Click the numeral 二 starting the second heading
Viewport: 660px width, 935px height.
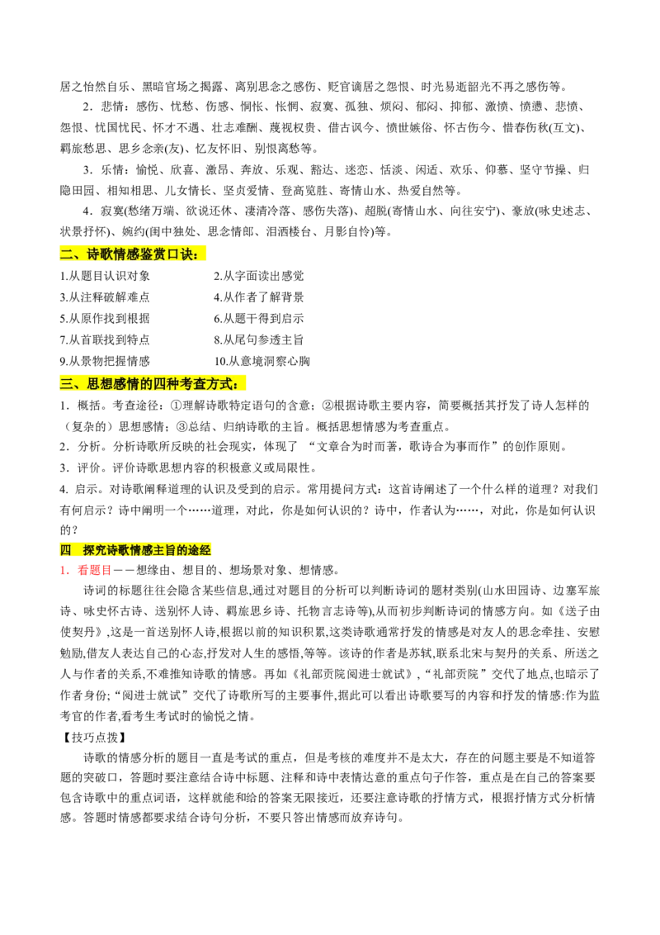tap(66, 254)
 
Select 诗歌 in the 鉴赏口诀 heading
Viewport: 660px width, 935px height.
tap(99, 254)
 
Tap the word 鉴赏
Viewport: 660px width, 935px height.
tap(153, 254)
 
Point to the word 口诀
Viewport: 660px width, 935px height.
tap(179, 254)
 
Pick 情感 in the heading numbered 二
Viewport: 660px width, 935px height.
tap(126, 254)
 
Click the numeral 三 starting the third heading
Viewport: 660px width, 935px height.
tap(66, 383)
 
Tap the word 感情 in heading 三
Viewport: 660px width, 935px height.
tap(126, 383)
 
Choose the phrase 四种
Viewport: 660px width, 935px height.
tap(166, 383)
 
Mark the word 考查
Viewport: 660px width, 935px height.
tap(193, 383)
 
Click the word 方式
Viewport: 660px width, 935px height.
tap(219, 383)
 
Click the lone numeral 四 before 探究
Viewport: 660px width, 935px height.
tap(65, 550)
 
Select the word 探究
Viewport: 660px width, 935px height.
tap(94, 550)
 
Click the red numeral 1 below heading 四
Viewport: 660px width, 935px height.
tap(64, 570)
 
